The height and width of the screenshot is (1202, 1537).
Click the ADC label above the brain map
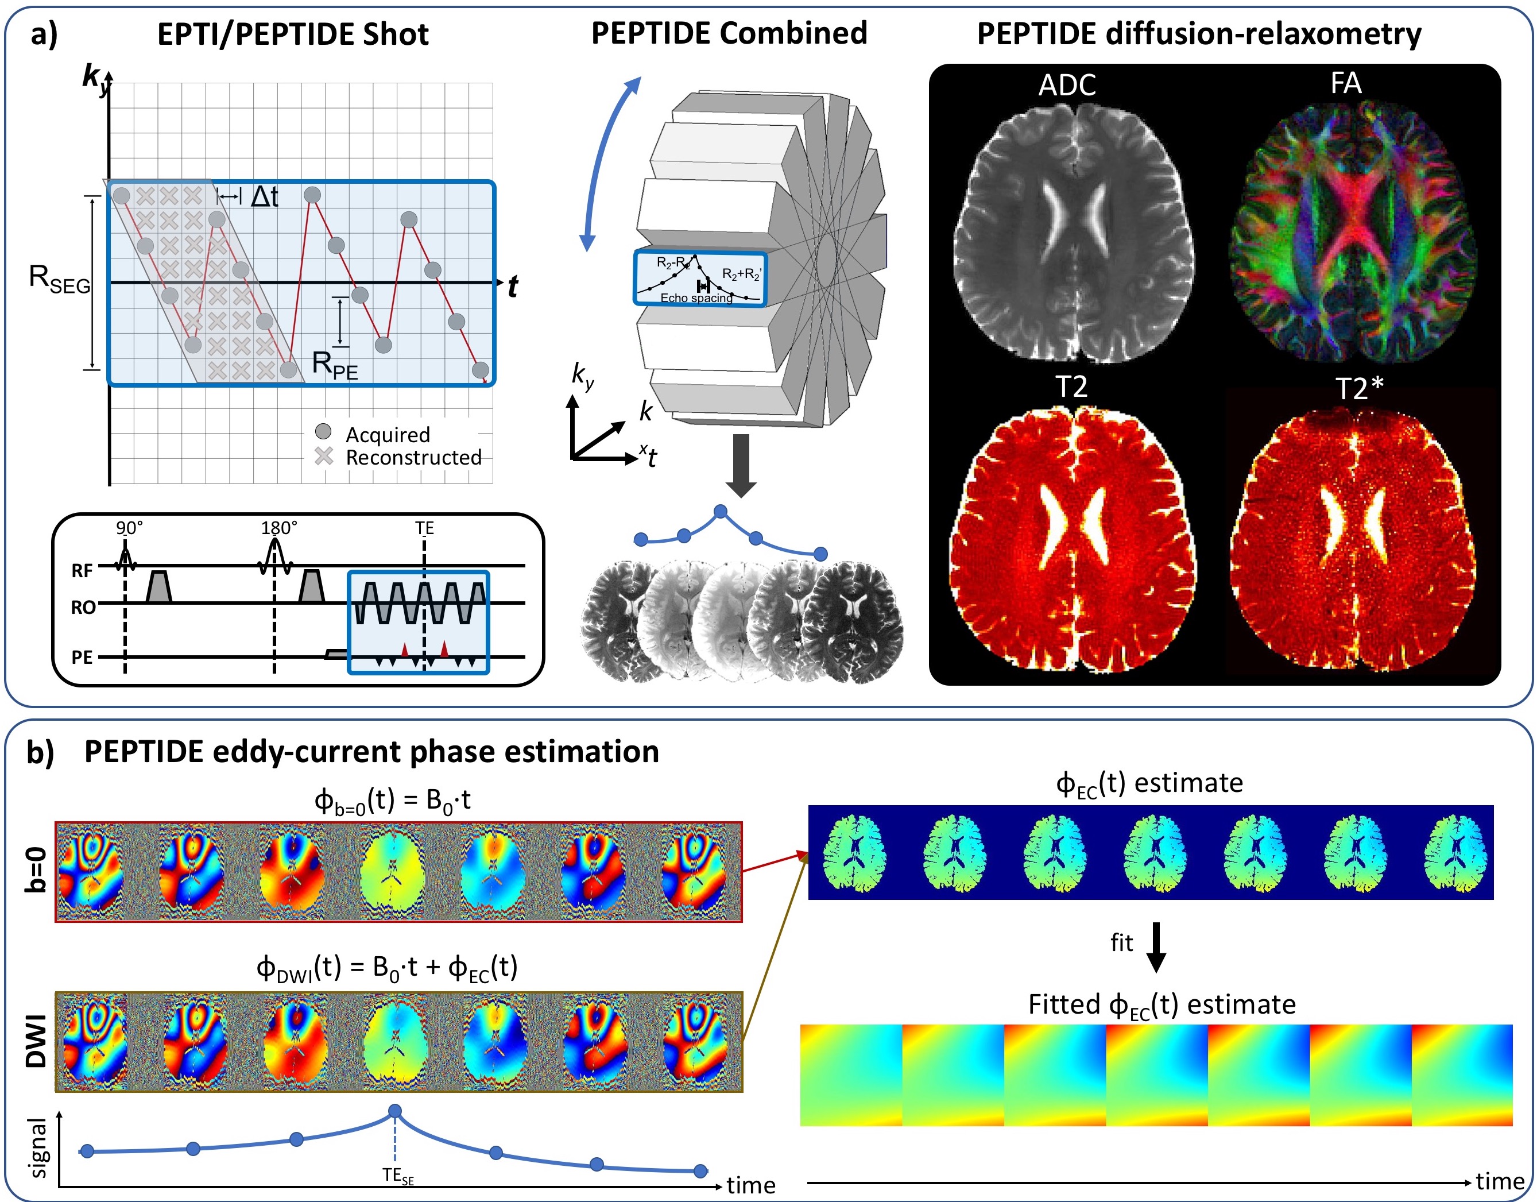coord(1066,85)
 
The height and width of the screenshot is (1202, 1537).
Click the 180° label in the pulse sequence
coord(278,528)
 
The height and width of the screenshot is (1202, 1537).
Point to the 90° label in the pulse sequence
coord(129,528)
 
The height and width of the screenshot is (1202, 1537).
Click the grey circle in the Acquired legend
coord(323,431)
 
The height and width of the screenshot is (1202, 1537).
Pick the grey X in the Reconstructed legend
coord(323,456)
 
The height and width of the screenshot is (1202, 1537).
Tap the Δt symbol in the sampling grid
coord(265,197)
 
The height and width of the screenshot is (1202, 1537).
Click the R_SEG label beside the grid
coord(59,279)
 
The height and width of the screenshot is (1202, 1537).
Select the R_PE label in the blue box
coord(334,365)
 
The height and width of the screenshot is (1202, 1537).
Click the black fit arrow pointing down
coord(1156,946)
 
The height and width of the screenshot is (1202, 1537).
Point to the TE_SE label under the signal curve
coord(398,1174)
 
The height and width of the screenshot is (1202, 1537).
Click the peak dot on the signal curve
coord(395,1111)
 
